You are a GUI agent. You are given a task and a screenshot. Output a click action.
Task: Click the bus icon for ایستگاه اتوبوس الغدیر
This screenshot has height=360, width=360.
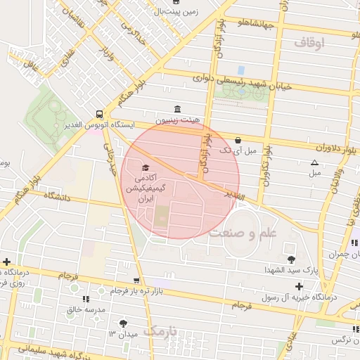pyautogui.click(x=99, y=113)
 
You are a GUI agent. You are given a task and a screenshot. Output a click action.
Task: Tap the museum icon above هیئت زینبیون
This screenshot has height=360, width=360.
pyautogui.click(x=176, y=110)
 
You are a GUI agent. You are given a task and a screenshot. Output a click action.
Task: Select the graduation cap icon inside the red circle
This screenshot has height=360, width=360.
pyautogui.click(x=145, y=168)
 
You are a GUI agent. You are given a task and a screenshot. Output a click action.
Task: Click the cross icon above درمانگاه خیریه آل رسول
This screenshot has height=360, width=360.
pyautogui.click(x=300, y=285)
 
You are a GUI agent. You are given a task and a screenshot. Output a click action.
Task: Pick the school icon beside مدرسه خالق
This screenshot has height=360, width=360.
pyautogui.click(x=87, y=298)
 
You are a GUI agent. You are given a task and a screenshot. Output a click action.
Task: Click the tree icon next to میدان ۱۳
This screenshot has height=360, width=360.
pyautogui.click(x=124, y=323)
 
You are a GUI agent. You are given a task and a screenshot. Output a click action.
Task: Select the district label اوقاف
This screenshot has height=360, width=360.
pyautogui.click(x=310, y=44)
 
